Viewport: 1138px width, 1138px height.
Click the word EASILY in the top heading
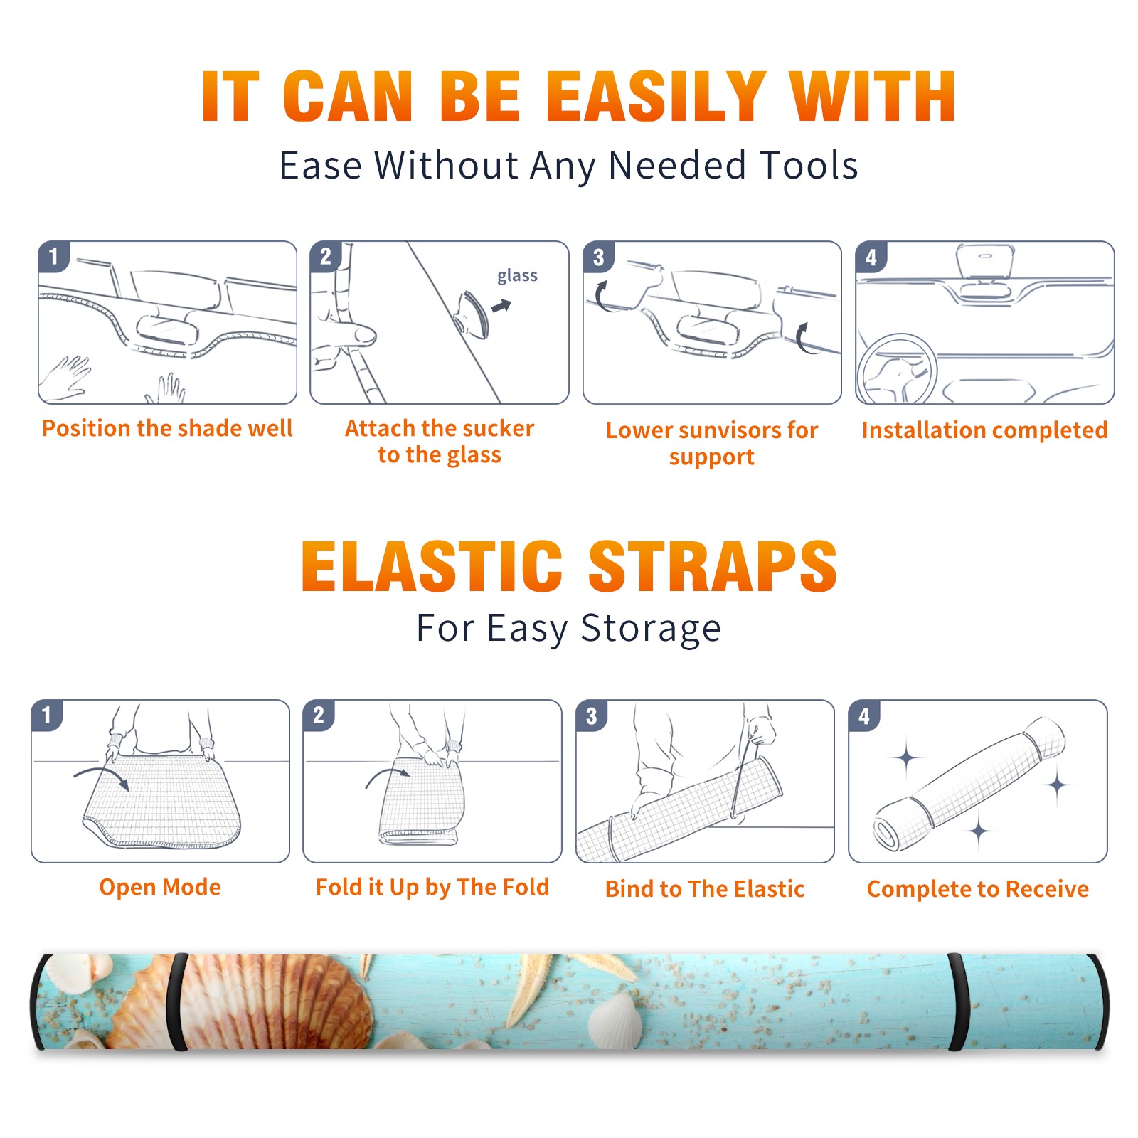(655, 97)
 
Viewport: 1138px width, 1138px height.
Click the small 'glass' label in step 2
(517, 275)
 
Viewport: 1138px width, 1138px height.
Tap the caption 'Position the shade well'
(167, 428)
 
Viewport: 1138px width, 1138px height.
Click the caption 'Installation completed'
(984, 430)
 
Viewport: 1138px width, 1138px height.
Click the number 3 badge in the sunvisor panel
(598, 257)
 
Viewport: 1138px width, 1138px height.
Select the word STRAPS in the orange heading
(713, 566)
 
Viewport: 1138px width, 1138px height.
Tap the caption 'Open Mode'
(160, 887)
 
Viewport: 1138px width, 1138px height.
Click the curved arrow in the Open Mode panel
(102, 775)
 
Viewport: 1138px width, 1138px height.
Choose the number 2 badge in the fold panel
(318, 715)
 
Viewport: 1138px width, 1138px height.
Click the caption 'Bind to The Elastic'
(705, 889)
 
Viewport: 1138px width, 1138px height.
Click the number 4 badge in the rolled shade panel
(864, 716)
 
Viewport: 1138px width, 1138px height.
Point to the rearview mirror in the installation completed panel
(985, 261)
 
